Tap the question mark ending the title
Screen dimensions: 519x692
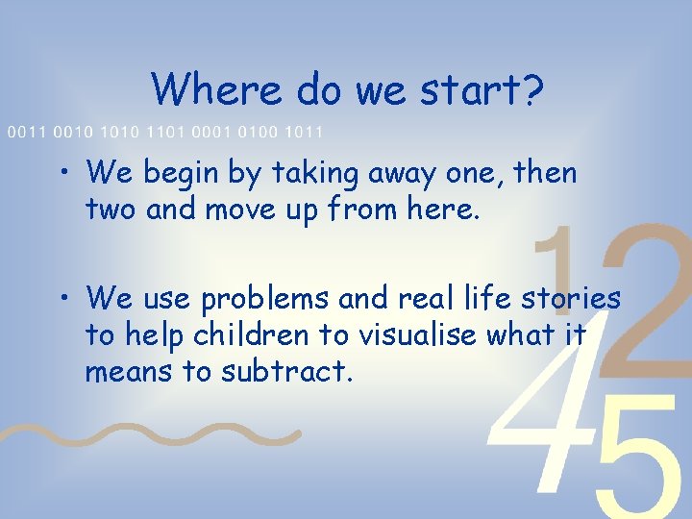click(x=532, y=89)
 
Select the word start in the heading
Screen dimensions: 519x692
click(x=464, y=89)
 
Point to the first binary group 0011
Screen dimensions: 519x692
click(x=26, y=131)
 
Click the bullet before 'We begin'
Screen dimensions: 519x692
click(x=63, y=174)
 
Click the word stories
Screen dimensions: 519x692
click(x=570, y=300)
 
